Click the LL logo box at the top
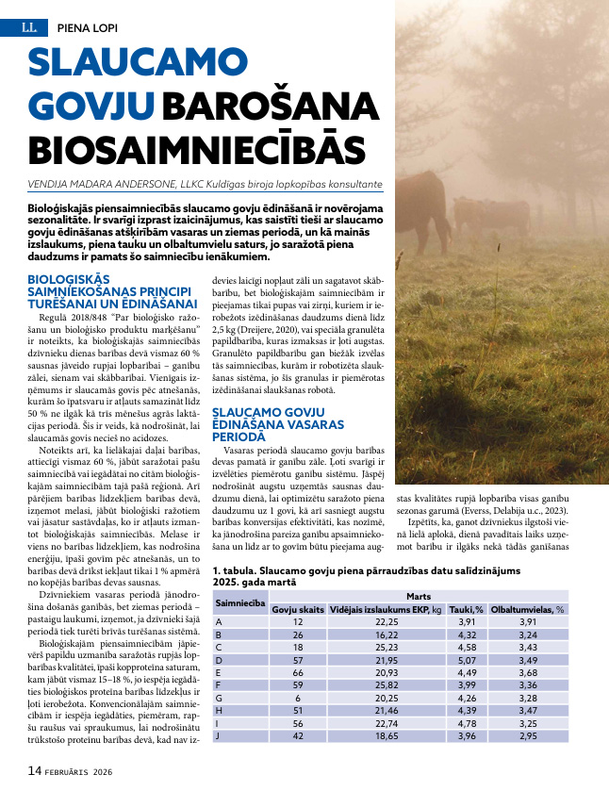28,28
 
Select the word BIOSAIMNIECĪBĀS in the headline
196,150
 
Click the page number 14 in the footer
35,770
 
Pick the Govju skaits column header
298,609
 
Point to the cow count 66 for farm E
298,673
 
